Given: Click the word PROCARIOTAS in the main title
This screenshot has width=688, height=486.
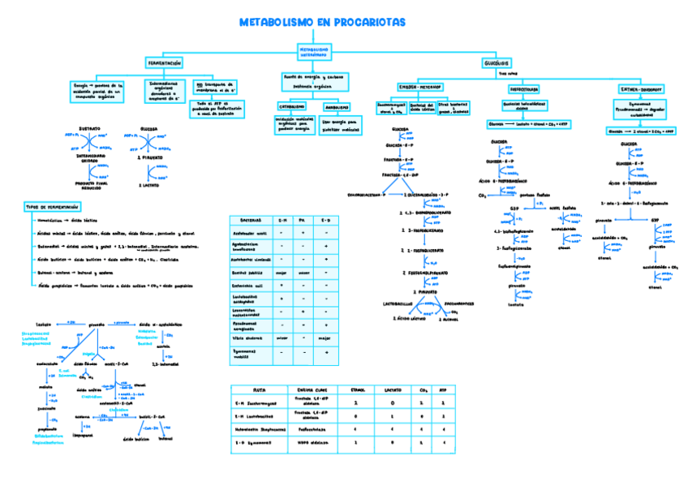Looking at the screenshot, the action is (368, 23).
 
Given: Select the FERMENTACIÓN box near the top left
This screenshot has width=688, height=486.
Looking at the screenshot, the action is (164, 62).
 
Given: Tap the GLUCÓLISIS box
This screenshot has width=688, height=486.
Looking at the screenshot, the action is (496, 62).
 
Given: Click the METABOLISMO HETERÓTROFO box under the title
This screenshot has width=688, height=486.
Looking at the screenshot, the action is (313, 51).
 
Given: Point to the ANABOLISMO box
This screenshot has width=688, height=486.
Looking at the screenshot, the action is (337, 106).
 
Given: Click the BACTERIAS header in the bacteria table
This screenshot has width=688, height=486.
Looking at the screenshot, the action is (245, 220).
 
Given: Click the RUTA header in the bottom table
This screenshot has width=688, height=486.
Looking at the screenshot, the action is (259, 389).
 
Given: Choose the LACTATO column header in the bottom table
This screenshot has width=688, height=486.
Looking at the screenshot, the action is (393, 389).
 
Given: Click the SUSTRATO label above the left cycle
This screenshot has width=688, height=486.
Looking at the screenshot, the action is (91, 128).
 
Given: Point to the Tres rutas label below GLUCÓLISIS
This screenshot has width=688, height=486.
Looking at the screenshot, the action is (497, 74).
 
